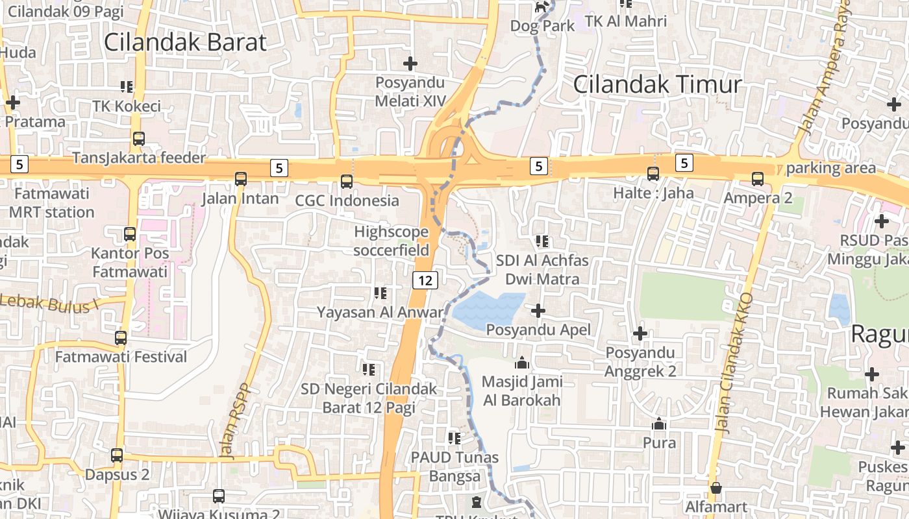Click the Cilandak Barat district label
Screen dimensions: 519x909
click(x=185, y=42)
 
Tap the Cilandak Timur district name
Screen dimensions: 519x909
click(x=657, y=84)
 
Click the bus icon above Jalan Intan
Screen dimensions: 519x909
click(x=241, y=178)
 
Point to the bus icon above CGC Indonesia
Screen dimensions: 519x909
click(x=347, y=181)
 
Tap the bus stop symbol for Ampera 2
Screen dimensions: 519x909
click(x=758, y=178)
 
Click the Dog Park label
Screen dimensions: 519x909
click(x=542, y=26)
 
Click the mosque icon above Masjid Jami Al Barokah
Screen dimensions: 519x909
click(x=522, y=363)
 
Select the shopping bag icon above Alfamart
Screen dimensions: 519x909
click(x=716, y=488)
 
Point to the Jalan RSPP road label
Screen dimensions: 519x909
click(x=238, y=421)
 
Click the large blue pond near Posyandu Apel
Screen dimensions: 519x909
click(x=488, y=309)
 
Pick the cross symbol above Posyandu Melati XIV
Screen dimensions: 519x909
click(x=410, y=64)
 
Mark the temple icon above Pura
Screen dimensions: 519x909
click(x=659, y=424)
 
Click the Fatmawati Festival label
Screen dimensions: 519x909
click(x=121, y=357)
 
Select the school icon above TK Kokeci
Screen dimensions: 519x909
click(x=127, y=86)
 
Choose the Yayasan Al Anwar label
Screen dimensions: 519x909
click(x=380, y=312)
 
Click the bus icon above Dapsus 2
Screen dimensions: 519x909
click(x=117, y=455)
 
